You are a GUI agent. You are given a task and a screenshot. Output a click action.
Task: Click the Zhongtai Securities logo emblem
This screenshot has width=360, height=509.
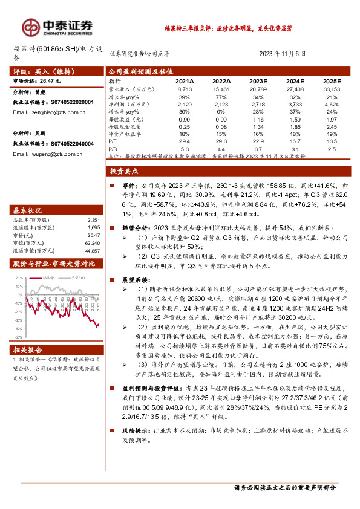pos(31,27)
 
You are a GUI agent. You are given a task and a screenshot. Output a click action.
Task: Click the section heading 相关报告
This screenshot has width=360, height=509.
pos(27,349)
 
